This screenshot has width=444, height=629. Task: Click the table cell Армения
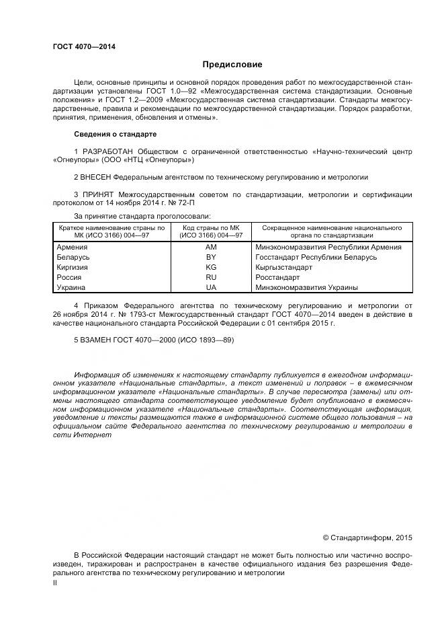pyautogui.click(x=73, y=247)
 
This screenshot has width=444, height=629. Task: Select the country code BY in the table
pyautogui.click(x=211, y=257)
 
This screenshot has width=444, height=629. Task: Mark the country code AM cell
pyautogui.click(x=211, y=247)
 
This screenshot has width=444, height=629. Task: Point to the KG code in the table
pyautogui.click(x=211, y=267)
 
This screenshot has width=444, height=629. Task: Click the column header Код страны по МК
pyautogui.click(x=211, y=228)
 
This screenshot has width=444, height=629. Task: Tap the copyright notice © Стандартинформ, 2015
pyautogui.click(x=367, y=538)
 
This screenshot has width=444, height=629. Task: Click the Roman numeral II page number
pyautogui.click(x=55, y=583)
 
